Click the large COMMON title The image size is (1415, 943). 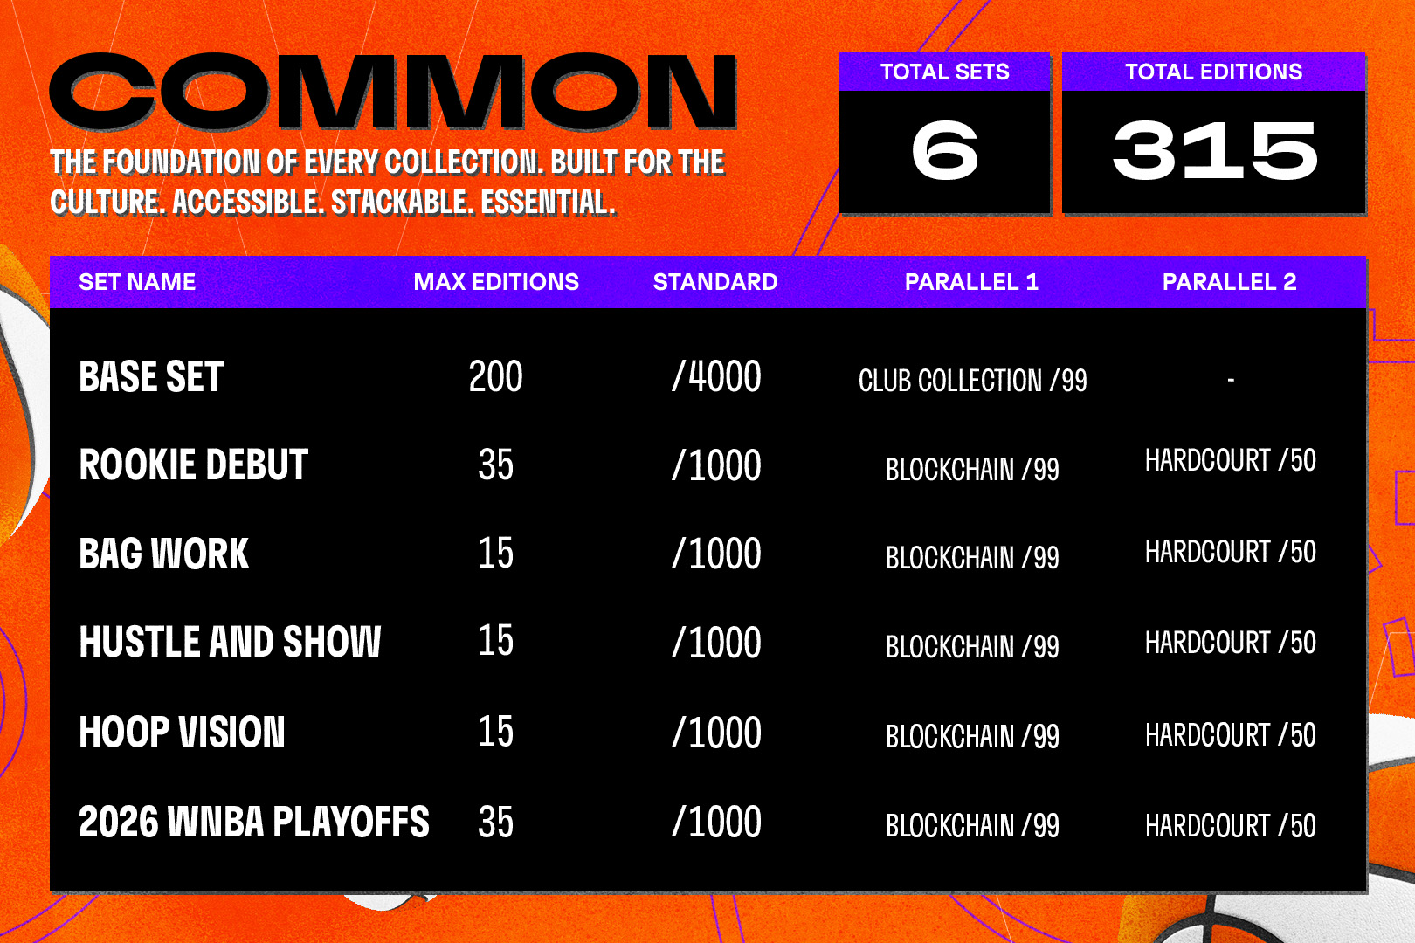click(x=393, y=92)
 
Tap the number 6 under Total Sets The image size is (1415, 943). click(x=944, y=151)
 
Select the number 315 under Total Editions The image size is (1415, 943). click(x=1214, y=151)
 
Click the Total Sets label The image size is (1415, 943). click(x=944, y=72)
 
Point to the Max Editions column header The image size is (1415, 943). click(x=496, y=282)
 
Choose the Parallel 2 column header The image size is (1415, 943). click(x=1229, y=282)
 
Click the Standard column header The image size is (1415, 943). click(x=715, y=282)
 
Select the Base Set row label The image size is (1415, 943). click(x=151, y=376)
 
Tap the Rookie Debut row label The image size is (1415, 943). click(x=193, y=465)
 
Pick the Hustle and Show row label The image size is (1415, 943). click(x=230, y=642)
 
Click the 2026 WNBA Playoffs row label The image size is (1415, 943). click(x=254, y=822)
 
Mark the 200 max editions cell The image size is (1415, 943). click(x=496, y=376)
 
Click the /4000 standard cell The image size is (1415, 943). click(x=716, y=376)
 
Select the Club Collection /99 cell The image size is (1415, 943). click(x=973, y=380)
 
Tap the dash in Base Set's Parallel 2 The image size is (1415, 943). click(x=1231, y=380)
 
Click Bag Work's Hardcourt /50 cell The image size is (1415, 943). click(x=1231, y=552)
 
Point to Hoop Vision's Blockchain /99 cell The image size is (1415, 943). click(x=973, y=736)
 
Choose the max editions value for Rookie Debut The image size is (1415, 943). click(x=496, y=465)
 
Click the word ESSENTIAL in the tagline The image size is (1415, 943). click(x=548, y=202)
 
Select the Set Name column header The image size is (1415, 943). click(x=137, y=282)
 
